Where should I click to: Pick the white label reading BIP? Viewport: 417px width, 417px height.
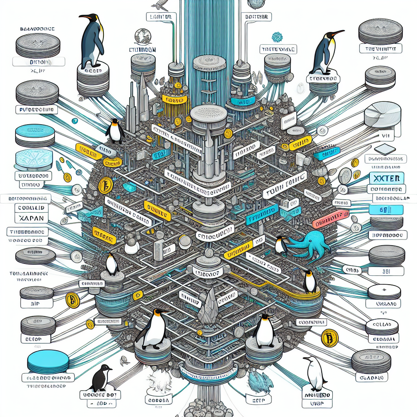pos(36,303)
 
